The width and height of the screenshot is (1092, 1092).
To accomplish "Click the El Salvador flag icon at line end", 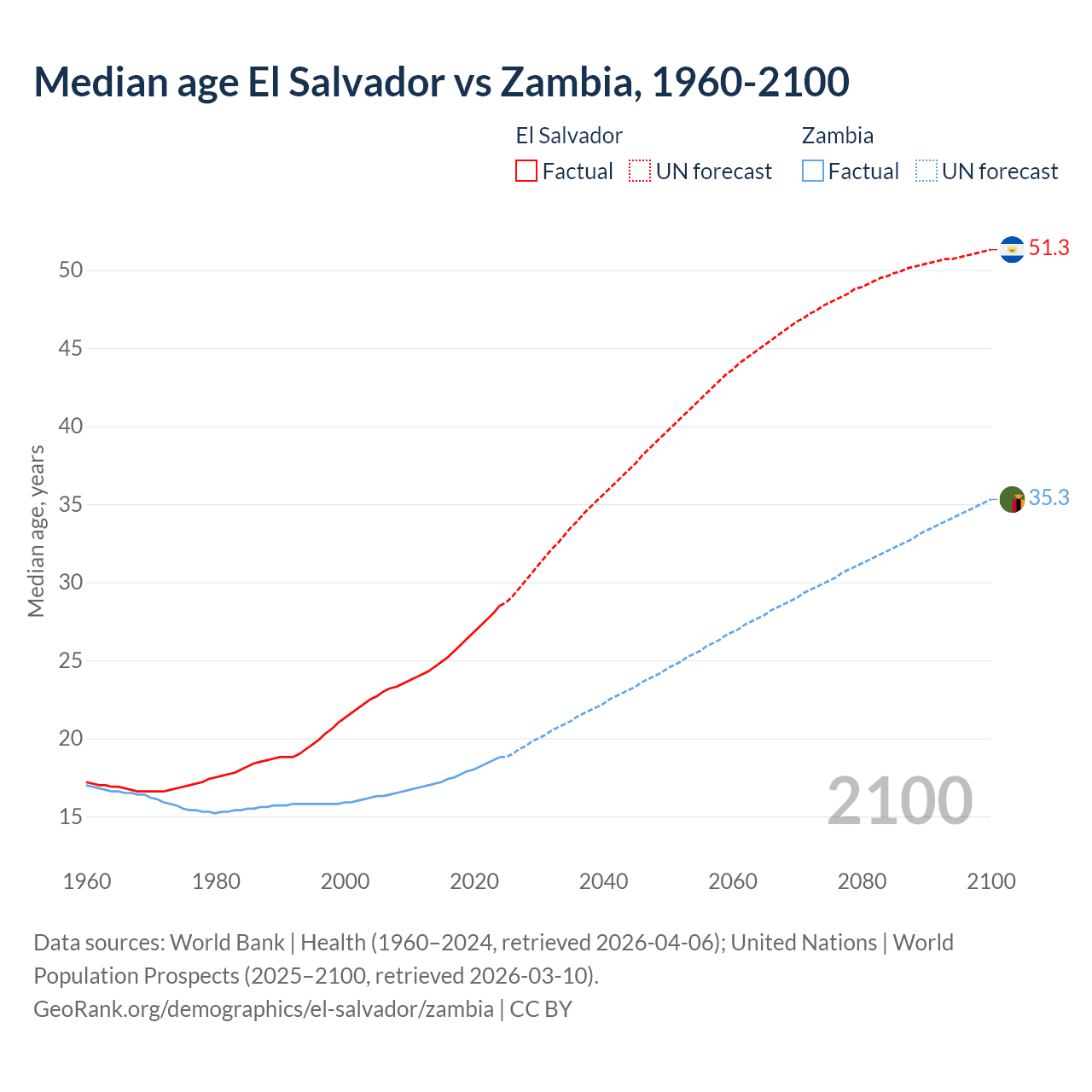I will (x=1012, y=249).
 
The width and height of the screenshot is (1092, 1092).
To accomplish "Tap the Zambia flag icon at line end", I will (x=1012, y=499).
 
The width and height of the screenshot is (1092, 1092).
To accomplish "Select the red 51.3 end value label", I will (x=1048, y=248).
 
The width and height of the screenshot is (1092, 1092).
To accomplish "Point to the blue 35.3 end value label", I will (x=1048, y=498).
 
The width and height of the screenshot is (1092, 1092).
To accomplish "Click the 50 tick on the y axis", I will (x=71, y=270).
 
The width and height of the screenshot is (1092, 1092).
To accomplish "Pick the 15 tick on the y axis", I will (x=71, y=817).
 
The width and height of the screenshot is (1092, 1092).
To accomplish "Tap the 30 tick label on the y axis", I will (x=71, y=583).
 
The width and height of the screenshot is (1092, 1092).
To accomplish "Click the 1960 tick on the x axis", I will (x=87, y=881).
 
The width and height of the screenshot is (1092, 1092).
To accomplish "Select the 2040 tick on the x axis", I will (x=603, y=881).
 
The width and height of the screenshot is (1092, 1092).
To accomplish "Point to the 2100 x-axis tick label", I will (x=991, y=881).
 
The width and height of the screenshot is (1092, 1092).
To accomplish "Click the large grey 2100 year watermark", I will (x=900, y=801).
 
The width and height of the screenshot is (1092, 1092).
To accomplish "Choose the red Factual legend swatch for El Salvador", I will (x=526, y=171).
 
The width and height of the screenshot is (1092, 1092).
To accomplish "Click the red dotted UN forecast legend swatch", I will (x=640, y=171).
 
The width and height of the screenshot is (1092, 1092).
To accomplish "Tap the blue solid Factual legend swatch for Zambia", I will (x=812, y=171).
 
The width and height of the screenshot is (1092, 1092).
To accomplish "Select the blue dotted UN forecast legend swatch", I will (x=926, y=171).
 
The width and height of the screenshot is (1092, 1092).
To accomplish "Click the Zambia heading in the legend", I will (x=837, y=136).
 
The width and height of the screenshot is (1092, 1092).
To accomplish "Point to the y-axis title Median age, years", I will (x=36, y=531).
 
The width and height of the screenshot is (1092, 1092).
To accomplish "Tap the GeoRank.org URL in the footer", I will (x=264, y=1009).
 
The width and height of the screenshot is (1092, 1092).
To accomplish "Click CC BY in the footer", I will (x=541, y=1009).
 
